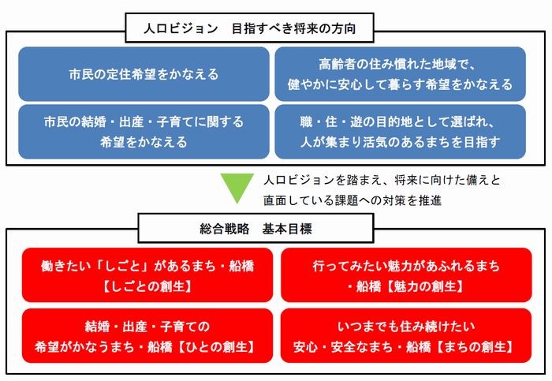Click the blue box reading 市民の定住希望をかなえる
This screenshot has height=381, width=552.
[x=144, y=74]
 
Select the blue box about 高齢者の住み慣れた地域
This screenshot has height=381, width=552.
[x=400, y=74]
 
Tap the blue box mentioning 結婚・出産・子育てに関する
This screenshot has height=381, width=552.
[x=144, y=132]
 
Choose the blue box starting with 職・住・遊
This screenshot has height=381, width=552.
[x=400, y=132]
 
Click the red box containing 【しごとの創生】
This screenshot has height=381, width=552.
[x=147, y=275]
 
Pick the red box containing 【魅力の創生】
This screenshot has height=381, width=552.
[x=405, y=275]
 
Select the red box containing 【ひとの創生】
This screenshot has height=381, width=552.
[x=147, y=335]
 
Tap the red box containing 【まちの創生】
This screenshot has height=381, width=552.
[x=405, y=335]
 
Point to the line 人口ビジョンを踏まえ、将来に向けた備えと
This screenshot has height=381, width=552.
[x=382, y=180]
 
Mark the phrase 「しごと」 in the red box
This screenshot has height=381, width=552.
[x=129, y=266]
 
